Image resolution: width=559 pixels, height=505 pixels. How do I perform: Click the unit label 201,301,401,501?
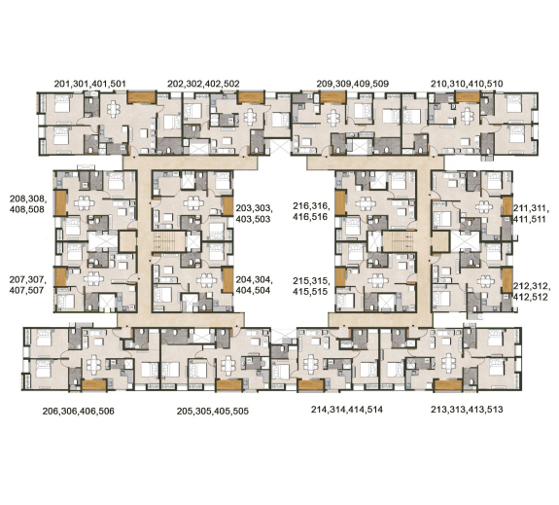[x=89, y=84]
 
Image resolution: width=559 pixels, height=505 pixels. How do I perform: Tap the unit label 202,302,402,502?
[x=203, y=84]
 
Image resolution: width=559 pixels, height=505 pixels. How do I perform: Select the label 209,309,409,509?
[x=353, y=84]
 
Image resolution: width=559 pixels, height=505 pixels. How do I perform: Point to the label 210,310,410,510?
[x=467, y=84]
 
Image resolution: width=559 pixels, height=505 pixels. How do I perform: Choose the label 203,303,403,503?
[x=254, y=213]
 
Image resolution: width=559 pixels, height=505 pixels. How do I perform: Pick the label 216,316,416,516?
[x=311, y=211]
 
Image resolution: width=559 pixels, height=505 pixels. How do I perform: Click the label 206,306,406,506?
[x=79, y=412]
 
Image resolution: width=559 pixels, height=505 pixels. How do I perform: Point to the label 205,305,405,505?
[x=213, y=412]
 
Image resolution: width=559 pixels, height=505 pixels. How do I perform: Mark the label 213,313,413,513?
[x=467, y=409]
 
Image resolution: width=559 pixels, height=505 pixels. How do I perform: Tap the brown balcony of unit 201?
[x=142, y=97]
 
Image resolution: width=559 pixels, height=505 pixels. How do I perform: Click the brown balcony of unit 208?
[x=60, y=202]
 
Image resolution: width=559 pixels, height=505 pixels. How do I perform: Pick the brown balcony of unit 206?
[x=94, y=385]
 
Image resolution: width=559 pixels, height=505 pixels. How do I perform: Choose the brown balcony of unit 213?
[x=447, y=385]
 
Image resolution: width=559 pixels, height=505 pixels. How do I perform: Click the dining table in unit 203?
[x=193, y=203]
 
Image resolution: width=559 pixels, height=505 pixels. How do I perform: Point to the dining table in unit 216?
[x=366, y=203]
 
